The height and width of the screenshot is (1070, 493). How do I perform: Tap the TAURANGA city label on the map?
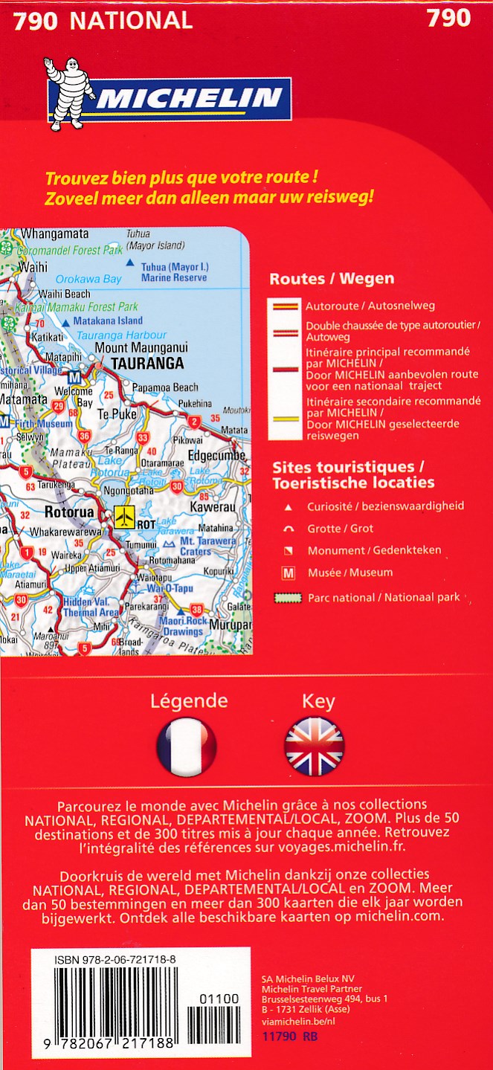[147, 364]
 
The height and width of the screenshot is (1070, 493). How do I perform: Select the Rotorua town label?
[69, 512]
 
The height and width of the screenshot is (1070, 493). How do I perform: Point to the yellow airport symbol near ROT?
[124, 515]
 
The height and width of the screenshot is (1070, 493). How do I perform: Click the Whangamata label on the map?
[54, 233]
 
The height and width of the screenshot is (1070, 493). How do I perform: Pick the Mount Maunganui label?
[141, 347]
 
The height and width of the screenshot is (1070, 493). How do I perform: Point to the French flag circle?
[186, 747]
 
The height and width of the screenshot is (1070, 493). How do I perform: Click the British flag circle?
[315, 747]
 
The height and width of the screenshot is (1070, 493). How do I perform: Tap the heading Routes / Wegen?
[332, 280]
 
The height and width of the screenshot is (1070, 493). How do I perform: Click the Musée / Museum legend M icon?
[289, 573]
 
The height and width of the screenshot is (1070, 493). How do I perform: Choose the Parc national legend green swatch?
[286, 598]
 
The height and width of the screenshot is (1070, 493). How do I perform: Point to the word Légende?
[189, 700]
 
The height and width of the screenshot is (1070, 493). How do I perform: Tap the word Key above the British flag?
[318, 701]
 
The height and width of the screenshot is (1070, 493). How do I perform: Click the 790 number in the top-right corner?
[448, 18]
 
